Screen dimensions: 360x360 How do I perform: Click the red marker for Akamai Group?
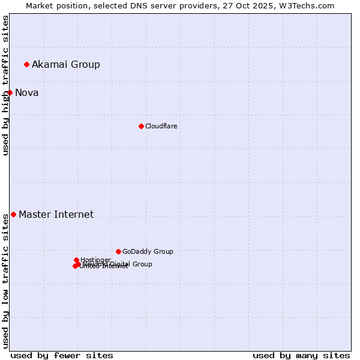[26, 64]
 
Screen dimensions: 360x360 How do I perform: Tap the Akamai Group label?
[66, 64]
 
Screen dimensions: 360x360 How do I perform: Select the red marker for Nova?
[10, 92]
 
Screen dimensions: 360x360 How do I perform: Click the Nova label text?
[27, 92]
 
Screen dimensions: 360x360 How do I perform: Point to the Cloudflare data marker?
[141, 126]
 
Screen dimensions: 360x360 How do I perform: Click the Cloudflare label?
[161, 126]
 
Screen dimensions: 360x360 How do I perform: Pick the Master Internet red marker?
[13, 214]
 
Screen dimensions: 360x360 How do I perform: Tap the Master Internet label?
[56, 214]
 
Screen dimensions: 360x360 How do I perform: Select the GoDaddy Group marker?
[118, 251]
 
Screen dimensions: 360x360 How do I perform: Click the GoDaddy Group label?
[148, 251]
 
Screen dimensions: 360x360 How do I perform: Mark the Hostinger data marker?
[76, 260]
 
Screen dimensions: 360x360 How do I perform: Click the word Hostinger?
[95, 260]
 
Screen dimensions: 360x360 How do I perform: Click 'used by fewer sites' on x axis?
[62, 355]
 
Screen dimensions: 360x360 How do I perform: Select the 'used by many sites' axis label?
[301, 355]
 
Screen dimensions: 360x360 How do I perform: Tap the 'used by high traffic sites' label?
[5, 85]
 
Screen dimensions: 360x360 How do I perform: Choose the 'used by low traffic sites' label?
[5, 281]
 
